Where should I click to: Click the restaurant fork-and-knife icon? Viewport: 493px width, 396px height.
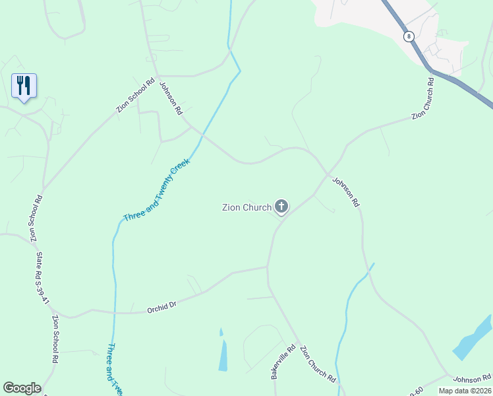[24, 85]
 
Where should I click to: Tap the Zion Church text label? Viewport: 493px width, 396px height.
[246, 207]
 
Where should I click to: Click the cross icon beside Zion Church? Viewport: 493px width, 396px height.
[281, 207]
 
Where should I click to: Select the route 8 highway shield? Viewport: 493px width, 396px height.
[409, 37]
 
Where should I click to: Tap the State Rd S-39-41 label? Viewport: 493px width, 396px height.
[43, 278]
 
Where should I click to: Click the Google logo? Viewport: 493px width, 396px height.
[22, 388]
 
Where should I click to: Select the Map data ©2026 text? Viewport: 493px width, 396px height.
[464, 390]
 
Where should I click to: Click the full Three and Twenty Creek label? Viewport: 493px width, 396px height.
[156, 189]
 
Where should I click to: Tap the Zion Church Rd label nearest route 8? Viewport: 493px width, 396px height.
[422, 98]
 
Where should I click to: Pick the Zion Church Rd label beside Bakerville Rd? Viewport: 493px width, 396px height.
[318, 364]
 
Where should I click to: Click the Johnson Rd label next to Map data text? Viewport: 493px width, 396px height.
[472, 378]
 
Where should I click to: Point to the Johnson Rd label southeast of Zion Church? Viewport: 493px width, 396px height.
[345, 192]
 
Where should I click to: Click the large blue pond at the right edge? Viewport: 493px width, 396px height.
[473, 339]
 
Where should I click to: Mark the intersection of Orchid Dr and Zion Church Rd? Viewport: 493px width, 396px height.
[267, 267]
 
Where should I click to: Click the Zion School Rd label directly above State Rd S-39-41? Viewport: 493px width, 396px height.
[35, 218]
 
